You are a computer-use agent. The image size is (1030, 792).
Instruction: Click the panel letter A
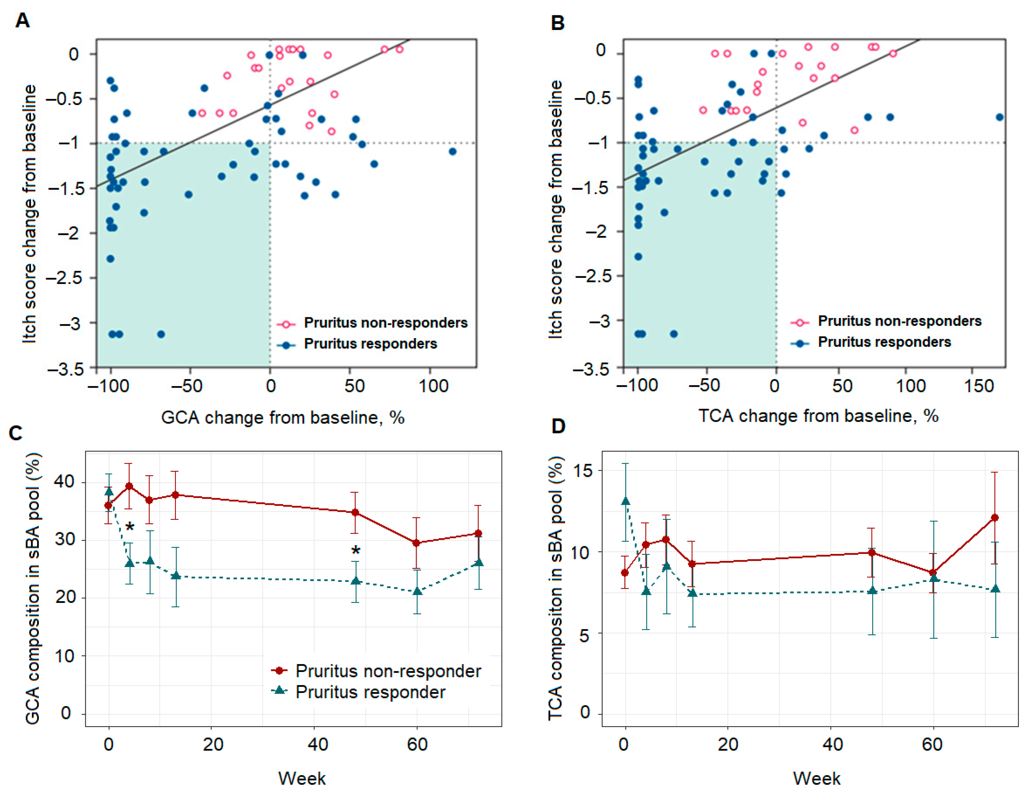click(x=22, y=21)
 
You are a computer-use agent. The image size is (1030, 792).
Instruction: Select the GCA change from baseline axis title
click(x=282, y=417)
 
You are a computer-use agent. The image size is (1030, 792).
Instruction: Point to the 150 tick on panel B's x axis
click(x=979, y=385)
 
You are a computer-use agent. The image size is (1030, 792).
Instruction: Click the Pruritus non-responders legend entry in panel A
click(x=385, y=323)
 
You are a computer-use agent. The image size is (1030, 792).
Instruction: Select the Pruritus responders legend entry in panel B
click(x=884, y=342)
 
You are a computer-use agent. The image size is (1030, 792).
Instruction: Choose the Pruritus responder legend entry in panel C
click(x=370, y=692)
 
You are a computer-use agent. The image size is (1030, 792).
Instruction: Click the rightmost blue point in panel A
click(x=452, y=151)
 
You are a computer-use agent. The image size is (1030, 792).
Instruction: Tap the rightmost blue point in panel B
click(x=999, y=117)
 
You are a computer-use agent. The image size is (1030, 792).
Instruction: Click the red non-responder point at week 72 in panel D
click(x=995, y=518)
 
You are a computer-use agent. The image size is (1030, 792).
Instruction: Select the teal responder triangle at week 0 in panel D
click(x=625, y=501)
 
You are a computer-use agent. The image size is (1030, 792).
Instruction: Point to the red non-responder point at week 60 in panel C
click(x=416, y=543)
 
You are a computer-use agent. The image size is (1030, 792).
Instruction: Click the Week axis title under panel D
click(x=816, y=778)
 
